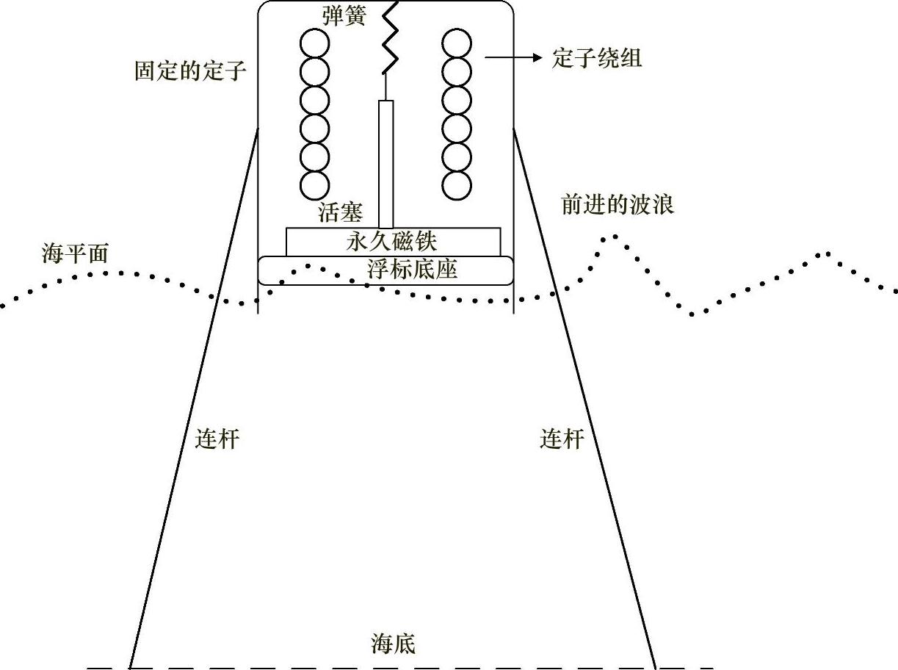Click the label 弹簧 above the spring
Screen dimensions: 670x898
tap(343, 16)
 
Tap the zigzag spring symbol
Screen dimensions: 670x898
tap(388, 37)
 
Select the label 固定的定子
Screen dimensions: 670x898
tap(190, 71)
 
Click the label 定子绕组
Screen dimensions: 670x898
tap(597, 58)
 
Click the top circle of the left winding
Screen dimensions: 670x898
tap(314, 44)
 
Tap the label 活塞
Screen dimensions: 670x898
tap(341, 213)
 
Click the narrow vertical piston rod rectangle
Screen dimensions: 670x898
tap(385, 163)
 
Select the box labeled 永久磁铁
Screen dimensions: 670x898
tap(393, 241)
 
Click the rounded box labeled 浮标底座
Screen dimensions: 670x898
tap(385, 270)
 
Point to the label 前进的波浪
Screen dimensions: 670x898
tap(618, 204)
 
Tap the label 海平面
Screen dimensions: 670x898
tap(75, 253)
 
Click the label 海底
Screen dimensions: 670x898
tap(394, 644)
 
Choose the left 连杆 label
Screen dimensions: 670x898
tap(217, 439)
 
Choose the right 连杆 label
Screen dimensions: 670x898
tap(562, 439)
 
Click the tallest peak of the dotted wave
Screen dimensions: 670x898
tap(614, 237)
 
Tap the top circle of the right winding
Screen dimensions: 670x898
tap(457, 44)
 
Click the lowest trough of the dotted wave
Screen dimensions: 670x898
tap(692, 314)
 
